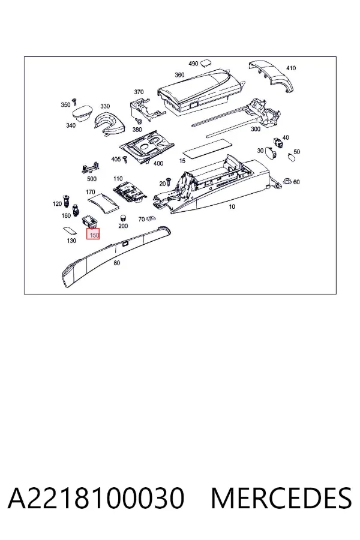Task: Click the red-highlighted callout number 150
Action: pyautogui.click(x=93, y=235)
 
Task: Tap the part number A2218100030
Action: pyautogui.click(x=96, y=497)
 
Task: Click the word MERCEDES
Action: pyautogui.click(x=281, y=497)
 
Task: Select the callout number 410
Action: pyautogui.click(x=291, y=68)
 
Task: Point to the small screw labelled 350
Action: pyautogui.click(x=74, y=102)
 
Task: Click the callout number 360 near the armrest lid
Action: pyautogui.click(x=179, y=75)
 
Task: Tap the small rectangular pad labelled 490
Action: pyautogui.click(x=206, y=62)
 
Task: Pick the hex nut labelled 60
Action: pyautogui.click(x=286, y=181)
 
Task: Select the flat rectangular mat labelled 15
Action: pyautogui.click(x=206, y=148)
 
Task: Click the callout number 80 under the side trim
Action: pyautogui.click(x=117, y=263)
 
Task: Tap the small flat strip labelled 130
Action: pyautogui.click(x=70, y=230)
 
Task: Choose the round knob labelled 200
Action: pyautogui.click(x=122, y=218)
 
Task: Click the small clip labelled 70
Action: pyautogui.click(x=150, y=218)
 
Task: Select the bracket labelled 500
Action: pyautogui.click(x=91, y=169)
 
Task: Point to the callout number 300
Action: pyautogui.click(x=255, y=129)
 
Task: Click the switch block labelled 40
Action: pyautogui.click(x=278, y=142)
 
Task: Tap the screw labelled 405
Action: pyautogui.click(x=125, y=159)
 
